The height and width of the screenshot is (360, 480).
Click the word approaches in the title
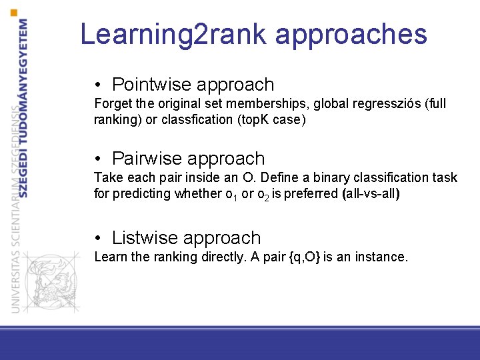pos(351,34)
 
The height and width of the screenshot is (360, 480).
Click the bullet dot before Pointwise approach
pos(98,85)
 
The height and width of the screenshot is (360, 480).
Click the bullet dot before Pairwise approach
pos(98,159)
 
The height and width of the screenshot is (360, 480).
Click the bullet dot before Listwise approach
pos(98,239)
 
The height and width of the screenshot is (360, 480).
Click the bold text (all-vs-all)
pos(370,194)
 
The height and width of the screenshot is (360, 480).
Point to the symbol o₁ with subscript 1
pos(233,195)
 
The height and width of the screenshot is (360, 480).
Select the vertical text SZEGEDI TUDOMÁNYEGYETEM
pos(25,107)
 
